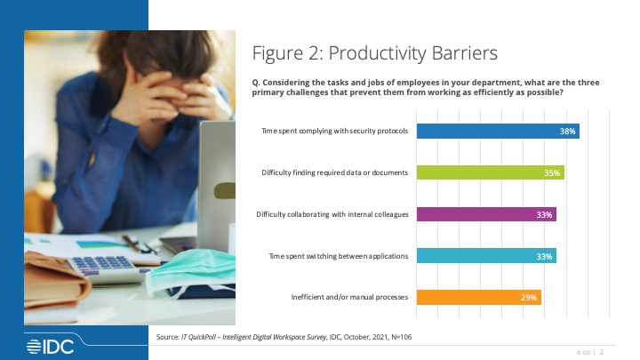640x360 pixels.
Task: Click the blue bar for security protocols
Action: tap(498, 131)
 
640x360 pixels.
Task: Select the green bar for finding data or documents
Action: tap(490, 172)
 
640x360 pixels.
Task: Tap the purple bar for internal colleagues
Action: tap(486, 214)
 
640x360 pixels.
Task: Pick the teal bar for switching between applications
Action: tap(486, 256)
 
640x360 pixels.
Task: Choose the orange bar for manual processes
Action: tap(479, 297)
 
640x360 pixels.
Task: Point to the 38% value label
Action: tap(567, 131)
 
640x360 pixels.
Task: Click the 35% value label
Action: tap(552, 173)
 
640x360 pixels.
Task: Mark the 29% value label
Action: tap(529, 298)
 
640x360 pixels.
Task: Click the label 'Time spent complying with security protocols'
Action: tap(335, 131)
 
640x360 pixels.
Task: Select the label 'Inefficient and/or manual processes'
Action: tap(349, 297)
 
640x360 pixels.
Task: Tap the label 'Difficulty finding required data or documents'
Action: tap(335, 172)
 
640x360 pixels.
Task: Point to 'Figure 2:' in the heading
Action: tap(288, 53)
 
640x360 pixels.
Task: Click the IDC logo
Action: tap(50, 347)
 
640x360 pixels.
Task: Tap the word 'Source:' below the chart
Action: tap(168, 337)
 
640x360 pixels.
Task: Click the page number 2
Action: tap(601, 352)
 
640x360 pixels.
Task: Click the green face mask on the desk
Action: tap(190, 270)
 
